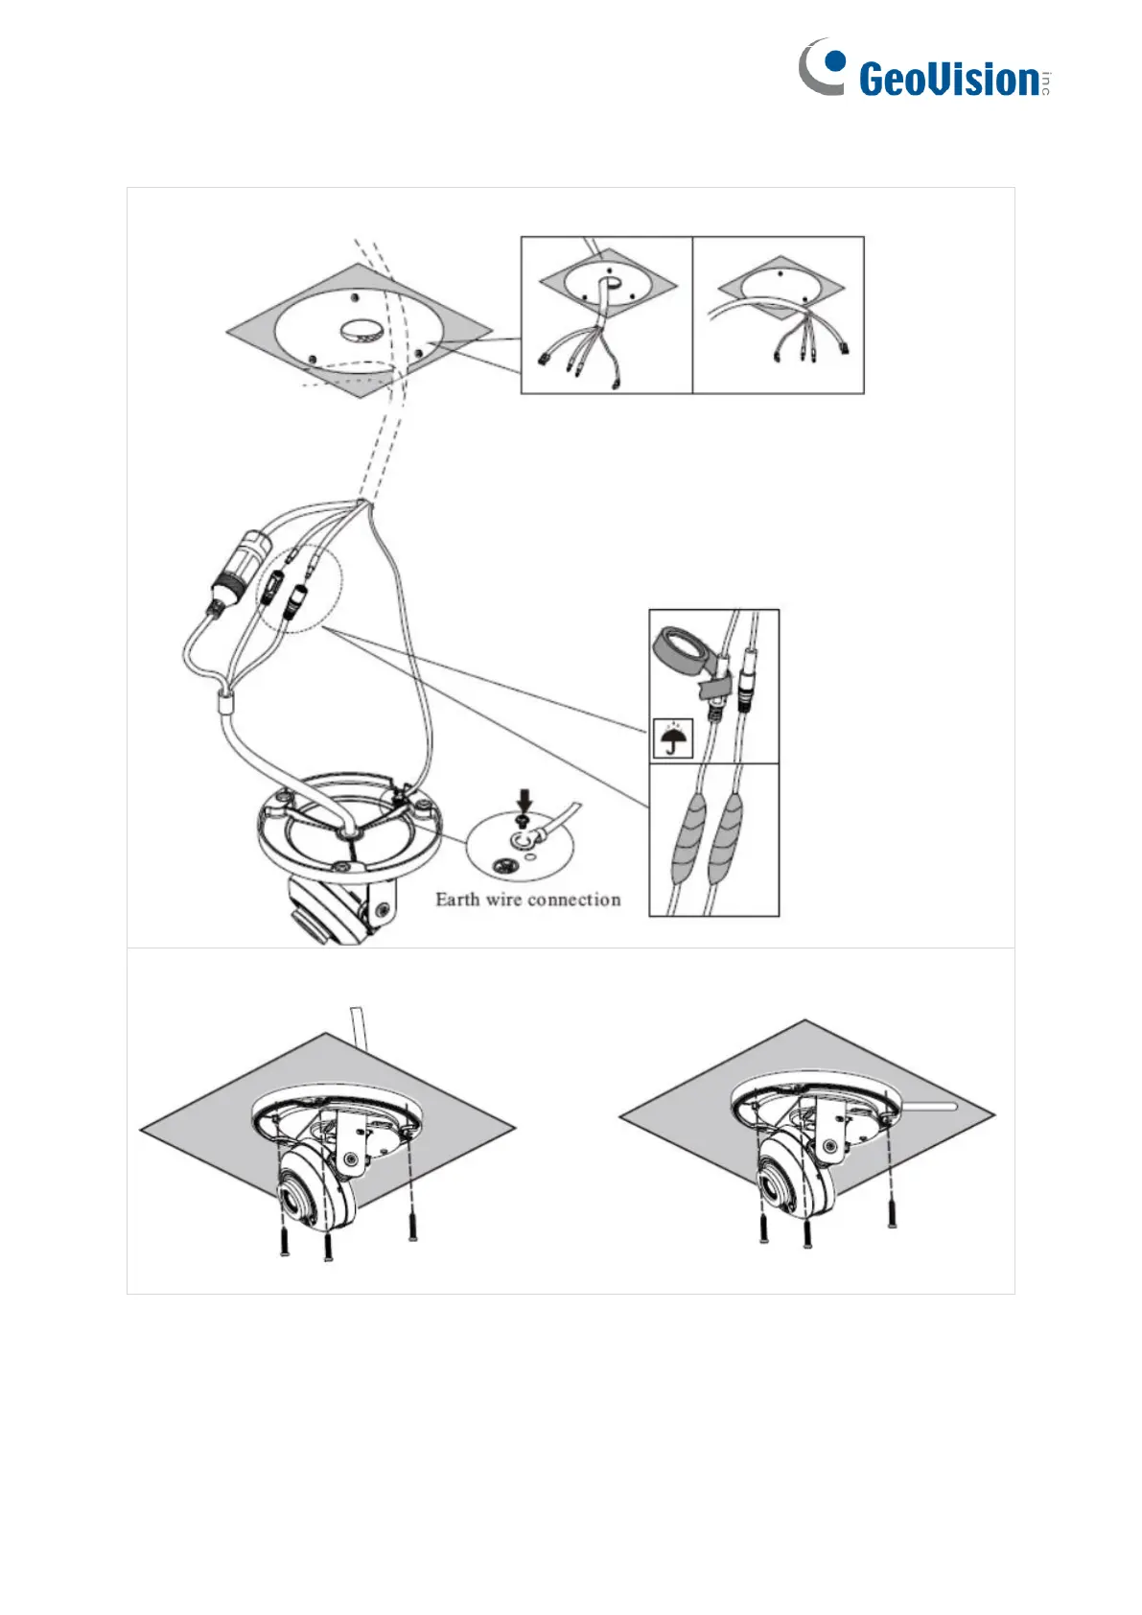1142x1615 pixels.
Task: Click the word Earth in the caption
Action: pos(457,900)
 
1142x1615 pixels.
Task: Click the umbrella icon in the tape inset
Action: pos(673,737)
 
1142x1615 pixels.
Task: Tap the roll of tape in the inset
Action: pos(684,651)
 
